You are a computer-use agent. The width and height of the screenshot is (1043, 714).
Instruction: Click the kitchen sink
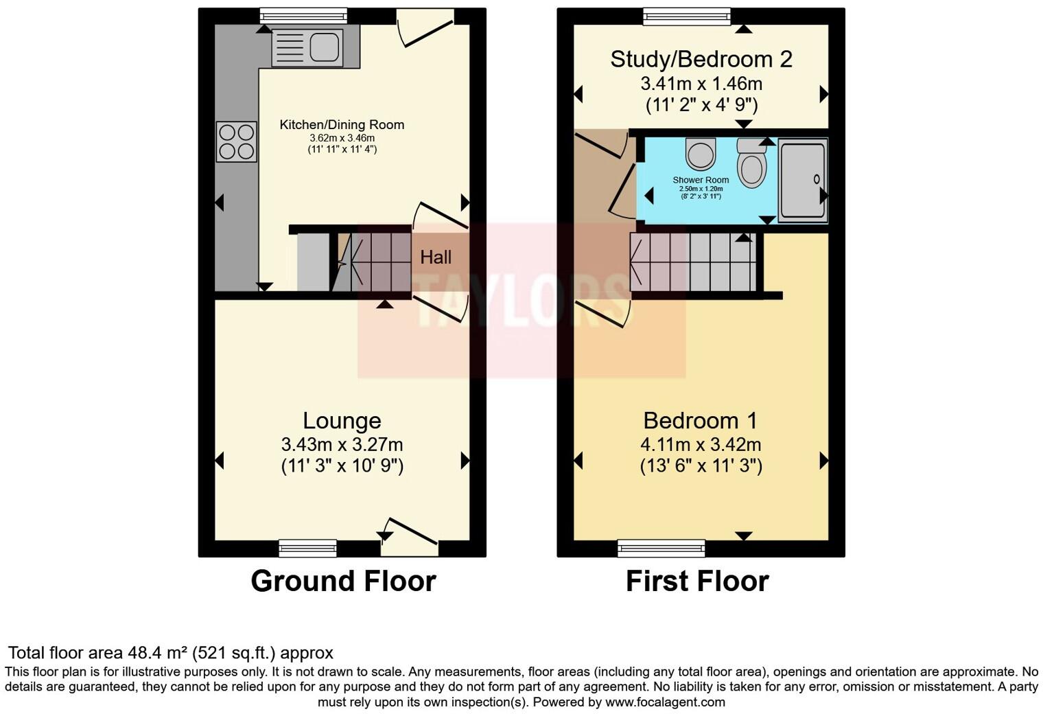click(x=307, y=47)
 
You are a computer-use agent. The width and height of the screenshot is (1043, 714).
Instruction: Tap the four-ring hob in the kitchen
click(x=237, y=141)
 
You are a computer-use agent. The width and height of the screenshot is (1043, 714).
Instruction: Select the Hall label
click(x=436, y=257)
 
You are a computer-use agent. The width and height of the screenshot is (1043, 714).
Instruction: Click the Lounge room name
click(x=342, y=420)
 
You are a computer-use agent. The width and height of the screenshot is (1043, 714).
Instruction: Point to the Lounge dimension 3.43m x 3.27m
click(x=342, y=444)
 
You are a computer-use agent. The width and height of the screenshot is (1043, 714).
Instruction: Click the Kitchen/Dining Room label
click(x=342, y=124)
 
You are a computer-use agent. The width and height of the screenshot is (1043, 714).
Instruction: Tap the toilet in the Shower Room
click(x=752, y=164)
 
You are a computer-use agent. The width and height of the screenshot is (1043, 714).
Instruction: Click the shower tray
click(x=802, y=180)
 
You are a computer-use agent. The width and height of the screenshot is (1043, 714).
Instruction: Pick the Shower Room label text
click(x=701, y=180)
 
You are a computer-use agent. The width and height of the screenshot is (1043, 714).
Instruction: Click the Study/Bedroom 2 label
click(x=701, y=59)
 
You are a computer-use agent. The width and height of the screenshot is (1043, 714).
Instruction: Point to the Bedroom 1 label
click(x=701, y=420)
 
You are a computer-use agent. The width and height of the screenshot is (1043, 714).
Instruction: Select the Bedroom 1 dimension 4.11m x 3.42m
click(x=701, y=444)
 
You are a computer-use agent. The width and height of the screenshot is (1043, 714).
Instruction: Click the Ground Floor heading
click(x=343, y=581)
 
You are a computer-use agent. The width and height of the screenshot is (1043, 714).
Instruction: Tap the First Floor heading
click(x=697, y=581)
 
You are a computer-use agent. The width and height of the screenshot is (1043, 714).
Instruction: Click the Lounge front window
click(x=307, y=548)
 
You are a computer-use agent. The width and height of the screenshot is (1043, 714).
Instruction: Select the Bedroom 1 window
click(x=661, y=548)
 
